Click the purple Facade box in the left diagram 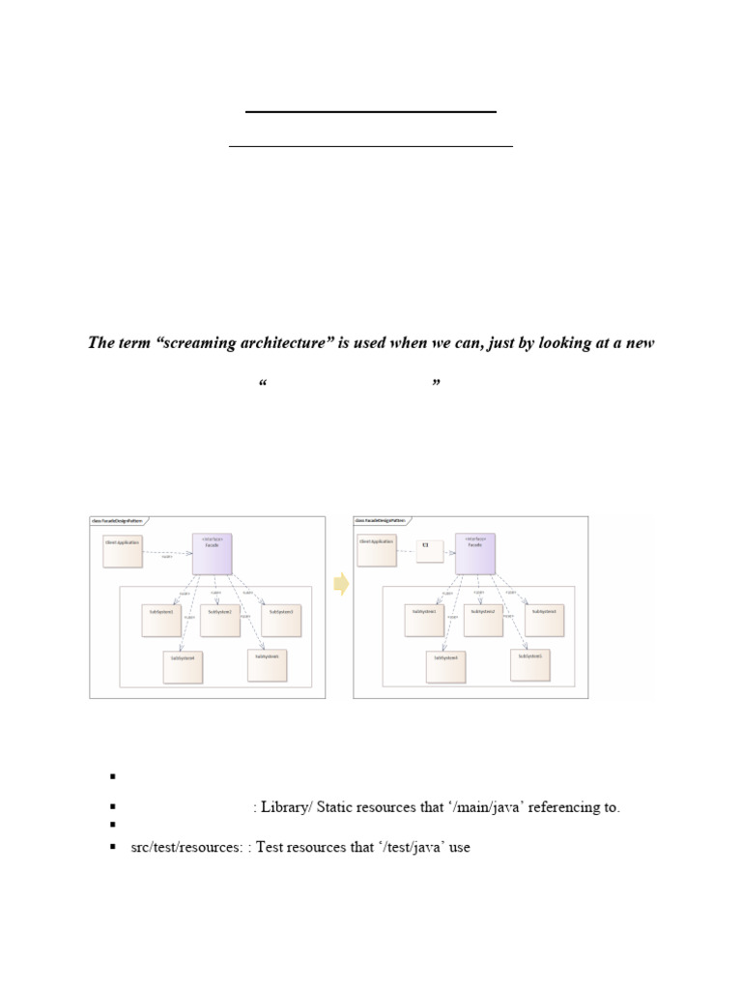click(x=214, y=554)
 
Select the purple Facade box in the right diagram click(x=475, y=554)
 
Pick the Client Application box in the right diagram click(x=376, y=549)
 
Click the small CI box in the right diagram click(x=429, y=550)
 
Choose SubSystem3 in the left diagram click(x=281, y=620)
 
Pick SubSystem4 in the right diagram click(x=446, y=665)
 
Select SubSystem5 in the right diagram click(x=531, y=664)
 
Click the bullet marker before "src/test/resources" click(x=113, y=848)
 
